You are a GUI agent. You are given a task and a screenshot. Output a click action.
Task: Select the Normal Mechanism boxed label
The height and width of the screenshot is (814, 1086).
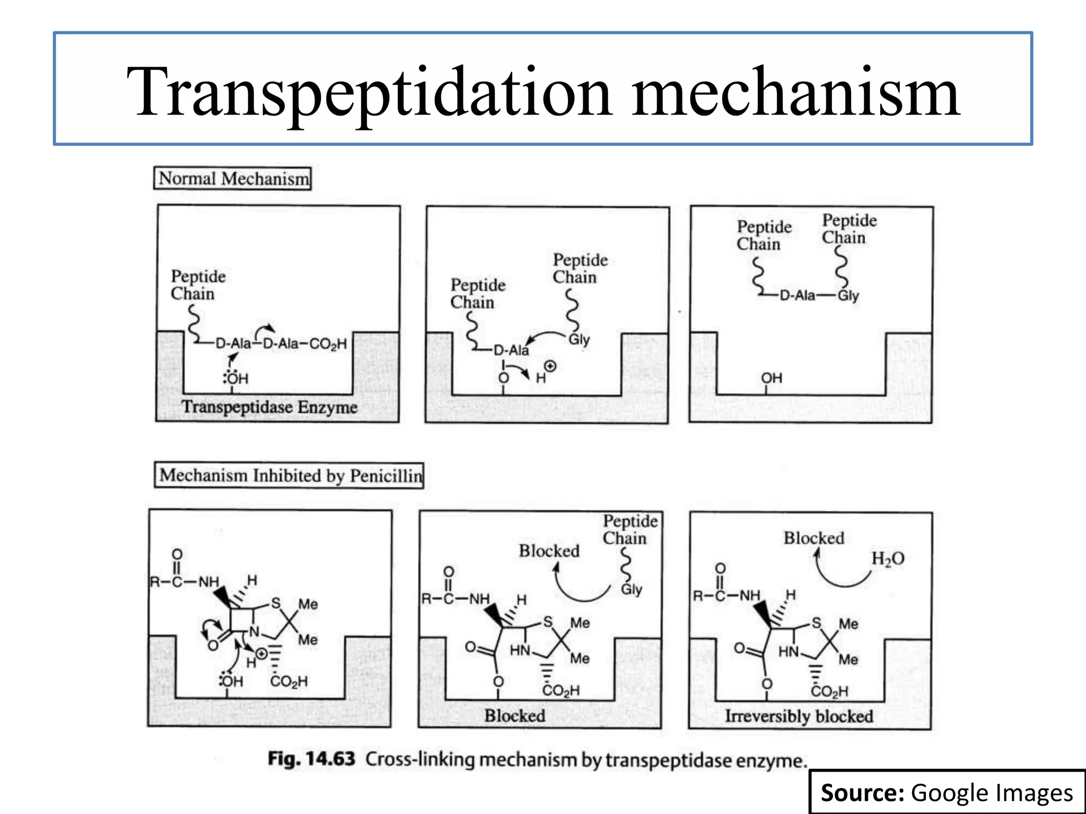(232, 178)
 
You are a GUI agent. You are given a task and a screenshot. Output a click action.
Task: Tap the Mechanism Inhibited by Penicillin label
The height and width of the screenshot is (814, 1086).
(289, 475)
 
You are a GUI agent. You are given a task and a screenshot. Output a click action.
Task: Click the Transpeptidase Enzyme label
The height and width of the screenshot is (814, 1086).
(269, 407)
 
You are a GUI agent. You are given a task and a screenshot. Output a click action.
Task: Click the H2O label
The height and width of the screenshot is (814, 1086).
(888, 559)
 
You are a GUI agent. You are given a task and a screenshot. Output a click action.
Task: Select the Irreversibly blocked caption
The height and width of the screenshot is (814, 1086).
(799, 716)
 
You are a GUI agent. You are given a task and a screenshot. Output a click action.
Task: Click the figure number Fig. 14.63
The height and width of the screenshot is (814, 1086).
(311, 758)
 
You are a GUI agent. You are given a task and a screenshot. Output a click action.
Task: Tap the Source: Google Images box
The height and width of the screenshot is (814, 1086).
(947, 792)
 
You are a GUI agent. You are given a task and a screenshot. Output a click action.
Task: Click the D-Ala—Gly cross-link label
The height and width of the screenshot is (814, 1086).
(819, 295)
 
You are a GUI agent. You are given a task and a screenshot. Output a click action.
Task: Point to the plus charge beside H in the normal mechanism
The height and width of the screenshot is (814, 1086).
(550, 366)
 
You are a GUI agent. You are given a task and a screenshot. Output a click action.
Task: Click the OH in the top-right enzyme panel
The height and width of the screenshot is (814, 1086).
(772, 378)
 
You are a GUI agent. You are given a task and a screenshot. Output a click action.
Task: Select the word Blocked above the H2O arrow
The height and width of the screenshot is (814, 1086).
(814, 538)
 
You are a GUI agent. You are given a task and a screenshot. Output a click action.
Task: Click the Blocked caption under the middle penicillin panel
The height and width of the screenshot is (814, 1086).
(515, 715)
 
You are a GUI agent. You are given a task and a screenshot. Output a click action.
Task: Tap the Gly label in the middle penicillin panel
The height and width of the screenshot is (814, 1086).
(632, 589)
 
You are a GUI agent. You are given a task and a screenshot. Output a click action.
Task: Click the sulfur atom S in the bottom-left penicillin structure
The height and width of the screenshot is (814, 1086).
(276, 603)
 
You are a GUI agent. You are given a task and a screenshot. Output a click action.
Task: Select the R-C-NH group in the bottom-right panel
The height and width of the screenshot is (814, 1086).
(726, 596)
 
